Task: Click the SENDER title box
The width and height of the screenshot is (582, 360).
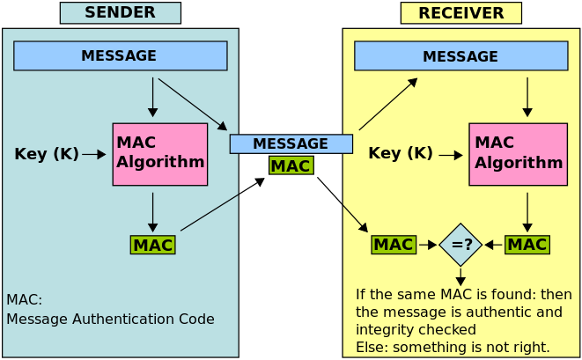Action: coord(120,13)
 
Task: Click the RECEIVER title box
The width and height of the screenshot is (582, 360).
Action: coord(460,13)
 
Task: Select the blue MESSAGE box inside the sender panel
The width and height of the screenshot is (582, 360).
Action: coord(120,55)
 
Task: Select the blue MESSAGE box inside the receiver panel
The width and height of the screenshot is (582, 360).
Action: coord(460,56)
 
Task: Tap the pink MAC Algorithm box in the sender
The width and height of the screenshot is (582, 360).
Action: coord(160,154)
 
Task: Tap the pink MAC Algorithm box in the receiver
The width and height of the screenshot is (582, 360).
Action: coord(517,154)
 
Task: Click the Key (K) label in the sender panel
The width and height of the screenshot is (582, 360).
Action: coord(47,154)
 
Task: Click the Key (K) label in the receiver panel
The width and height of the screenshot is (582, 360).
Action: coord(401,153)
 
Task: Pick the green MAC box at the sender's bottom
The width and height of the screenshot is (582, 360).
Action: coord(152,245)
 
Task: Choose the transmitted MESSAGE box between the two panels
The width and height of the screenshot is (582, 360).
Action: coord(291,143)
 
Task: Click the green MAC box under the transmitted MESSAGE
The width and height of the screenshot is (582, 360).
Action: coord(291,165)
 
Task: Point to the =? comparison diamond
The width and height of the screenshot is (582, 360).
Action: coord(460,245)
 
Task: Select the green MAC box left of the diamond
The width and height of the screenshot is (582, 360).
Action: coord(393,245)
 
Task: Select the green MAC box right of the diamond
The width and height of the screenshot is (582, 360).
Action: coord(527,245)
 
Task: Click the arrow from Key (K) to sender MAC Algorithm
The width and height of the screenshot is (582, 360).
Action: coord(94,154)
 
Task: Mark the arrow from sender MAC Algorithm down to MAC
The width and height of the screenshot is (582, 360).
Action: coord(153,211)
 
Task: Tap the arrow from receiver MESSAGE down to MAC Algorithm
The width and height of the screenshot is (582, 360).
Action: coord(527,97)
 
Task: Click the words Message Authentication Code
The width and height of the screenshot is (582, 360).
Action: coord(110,319)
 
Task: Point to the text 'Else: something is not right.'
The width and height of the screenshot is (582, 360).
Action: coord(453,347)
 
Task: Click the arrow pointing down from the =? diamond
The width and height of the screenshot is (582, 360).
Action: coord(460,276)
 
